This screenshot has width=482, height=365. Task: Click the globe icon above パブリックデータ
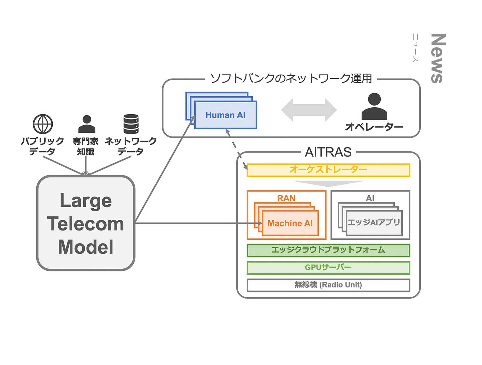tap(43, 124)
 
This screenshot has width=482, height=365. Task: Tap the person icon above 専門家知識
tap(87, 124)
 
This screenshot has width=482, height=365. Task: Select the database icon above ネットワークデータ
tap(131, 124)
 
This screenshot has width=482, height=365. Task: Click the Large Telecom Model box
tap(86, 223)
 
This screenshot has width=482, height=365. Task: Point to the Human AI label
tap(225, 115)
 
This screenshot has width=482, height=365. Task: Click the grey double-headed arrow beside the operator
tap(309, 110)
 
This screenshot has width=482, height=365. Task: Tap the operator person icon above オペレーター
tap(374, 107)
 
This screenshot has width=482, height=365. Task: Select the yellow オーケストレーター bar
tap(328, 170)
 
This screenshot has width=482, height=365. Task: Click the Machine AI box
tap(290, 223)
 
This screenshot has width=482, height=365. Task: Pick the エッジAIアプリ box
tap(374, 222)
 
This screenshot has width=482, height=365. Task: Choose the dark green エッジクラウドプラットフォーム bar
tap(328, 250)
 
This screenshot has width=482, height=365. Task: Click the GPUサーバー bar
tap(328, 268)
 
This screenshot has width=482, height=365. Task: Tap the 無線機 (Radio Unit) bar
tap(328, 285)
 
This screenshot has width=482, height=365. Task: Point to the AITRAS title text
tap(328, 152)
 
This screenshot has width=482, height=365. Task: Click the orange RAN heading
tap(286, 198)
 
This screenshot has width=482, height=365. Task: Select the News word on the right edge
tap(438, 58)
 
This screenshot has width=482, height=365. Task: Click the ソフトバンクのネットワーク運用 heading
tap(291, 79)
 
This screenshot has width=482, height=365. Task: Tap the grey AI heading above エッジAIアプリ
tap(370, 198)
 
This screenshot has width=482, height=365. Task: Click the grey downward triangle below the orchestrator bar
tap(328, 183)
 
